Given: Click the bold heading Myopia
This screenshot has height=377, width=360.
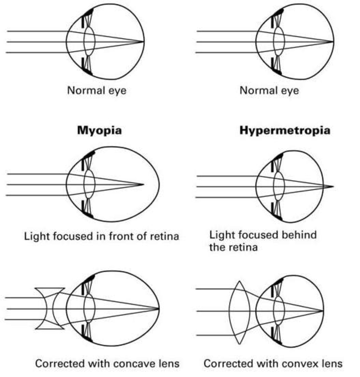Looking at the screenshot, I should point(99,130).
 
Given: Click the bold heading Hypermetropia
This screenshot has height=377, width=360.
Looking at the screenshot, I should point(284,130).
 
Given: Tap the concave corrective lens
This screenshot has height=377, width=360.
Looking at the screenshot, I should point(50,309).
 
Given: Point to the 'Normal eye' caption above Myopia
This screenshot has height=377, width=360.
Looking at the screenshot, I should point(97,90).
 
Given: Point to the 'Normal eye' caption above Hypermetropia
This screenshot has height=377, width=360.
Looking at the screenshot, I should point(269,90).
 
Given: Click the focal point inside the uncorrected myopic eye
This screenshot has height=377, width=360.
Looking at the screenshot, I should point(143,185).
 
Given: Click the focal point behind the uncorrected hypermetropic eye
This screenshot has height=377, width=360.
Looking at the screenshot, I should point(333,187).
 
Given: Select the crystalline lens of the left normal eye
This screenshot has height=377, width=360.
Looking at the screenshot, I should point(89,41).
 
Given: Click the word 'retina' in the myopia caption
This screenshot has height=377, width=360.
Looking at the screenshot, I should point(164,236).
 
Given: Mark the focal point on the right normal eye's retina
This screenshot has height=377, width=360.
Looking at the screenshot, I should point(333,41).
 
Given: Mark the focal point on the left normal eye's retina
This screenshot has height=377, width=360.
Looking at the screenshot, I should point(144,41).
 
